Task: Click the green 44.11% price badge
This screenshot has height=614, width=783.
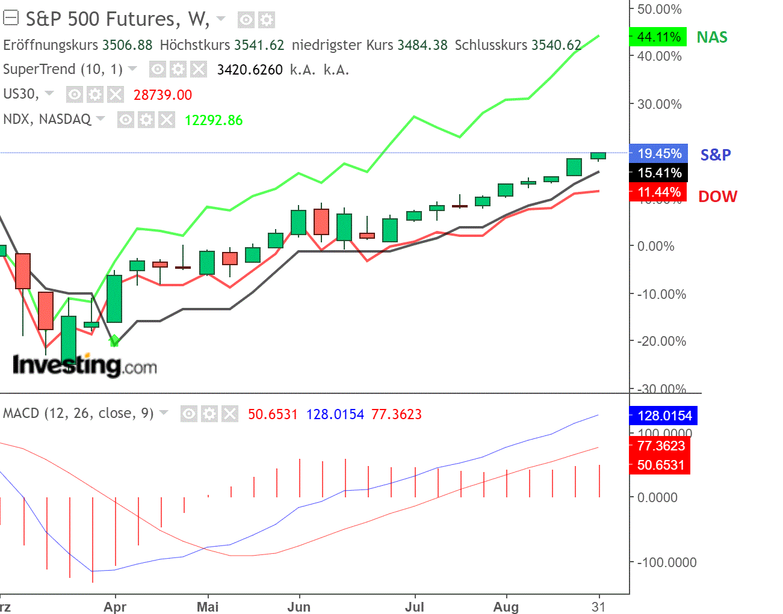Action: click(658, 37)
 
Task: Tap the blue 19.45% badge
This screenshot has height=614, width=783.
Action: click(658, 153)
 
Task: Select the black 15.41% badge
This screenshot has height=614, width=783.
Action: click(658, 173)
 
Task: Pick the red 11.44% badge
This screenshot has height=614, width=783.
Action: click(658, 192)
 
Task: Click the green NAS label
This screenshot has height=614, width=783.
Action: click(712, 37)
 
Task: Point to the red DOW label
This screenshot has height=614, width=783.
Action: click(717, 197)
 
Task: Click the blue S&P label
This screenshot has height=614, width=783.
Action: click(716, 155)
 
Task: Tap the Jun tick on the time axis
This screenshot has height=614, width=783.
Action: click(299, 607)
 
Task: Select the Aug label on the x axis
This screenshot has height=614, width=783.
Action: click(506, 607)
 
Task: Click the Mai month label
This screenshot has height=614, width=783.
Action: click(208, 607)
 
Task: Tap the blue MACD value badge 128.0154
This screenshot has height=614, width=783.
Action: click(664, 416)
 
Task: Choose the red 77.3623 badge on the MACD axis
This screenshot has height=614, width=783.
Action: click(661, 446)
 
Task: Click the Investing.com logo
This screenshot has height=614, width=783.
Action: click(85, 365)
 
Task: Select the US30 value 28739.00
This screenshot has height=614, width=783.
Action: click(162, 95)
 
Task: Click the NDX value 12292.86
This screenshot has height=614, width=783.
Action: click(214, 120)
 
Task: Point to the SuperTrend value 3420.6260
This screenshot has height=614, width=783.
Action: click(250, 70)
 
